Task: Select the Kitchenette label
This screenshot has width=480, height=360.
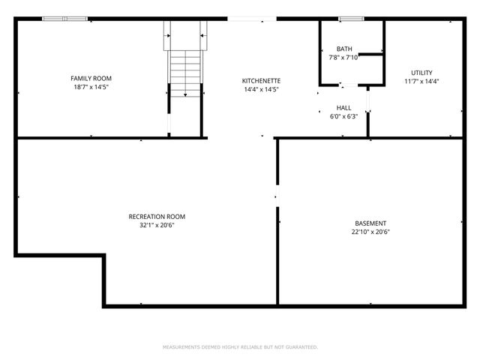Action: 261,80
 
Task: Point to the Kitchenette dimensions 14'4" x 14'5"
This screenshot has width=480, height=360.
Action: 261,89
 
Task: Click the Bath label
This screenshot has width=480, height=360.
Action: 344,49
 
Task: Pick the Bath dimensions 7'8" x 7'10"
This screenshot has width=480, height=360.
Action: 344,58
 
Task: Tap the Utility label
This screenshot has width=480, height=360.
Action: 421,73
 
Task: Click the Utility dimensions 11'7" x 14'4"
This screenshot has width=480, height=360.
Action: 421,82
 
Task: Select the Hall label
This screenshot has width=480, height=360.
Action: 343,107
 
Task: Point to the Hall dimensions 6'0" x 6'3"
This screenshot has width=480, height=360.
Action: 343,116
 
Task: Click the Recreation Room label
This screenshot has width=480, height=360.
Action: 157,217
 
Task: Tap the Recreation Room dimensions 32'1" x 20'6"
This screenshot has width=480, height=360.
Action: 157,226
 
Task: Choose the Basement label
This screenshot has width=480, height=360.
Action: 370,223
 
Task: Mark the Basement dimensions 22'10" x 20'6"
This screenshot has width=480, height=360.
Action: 370,232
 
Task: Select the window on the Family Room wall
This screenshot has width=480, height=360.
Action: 64,19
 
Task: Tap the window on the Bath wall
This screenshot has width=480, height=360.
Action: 349,19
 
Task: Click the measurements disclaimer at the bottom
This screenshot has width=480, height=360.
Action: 240,347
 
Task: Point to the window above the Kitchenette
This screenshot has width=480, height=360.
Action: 252,19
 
